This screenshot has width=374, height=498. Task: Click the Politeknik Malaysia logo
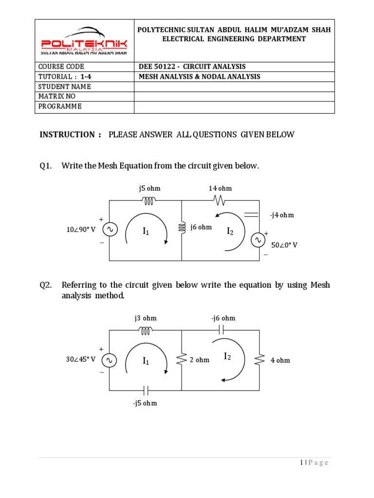click(84, 42)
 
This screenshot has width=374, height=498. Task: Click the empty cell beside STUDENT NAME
click(234, 87)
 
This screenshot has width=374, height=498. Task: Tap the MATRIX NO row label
click(57, 96)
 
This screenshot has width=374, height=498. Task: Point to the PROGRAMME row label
click(60, 107)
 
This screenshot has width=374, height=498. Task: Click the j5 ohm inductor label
click(150, 188)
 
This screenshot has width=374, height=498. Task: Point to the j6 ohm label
click(201, 227)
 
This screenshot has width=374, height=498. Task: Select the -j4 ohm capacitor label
click(282, 215)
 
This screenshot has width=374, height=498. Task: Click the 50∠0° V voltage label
click(284, 245)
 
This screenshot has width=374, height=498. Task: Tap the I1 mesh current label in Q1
click(146, 232)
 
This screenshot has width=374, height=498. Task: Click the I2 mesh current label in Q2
click(227, 357)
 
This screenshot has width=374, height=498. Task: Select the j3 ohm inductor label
click(146, 318)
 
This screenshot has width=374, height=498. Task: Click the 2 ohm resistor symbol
click(182, 360)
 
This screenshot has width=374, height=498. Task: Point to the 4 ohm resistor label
click(280, 360)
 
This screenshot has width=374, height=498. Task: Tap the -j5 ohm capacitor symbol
click(145, 390)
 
